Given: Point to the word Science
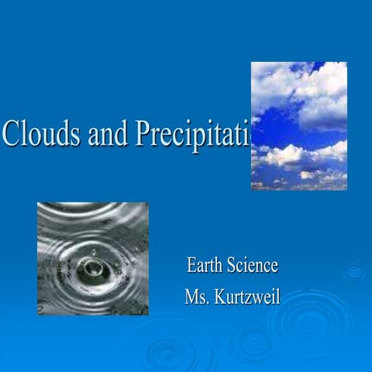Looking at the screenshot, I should [253, 266].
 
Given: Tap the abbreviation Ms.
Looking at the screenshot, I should [197, 297].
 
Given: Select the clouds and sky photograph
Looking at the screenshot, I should [298, 126].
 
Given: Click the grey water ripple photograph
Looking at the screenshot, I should [92, 258].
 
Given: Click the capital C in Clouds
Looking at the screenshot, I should [11, 134].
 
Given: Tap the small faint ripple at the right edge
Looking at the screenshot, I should [355, 270].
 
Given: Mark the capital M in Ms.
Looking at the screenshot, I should [192, 297].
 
